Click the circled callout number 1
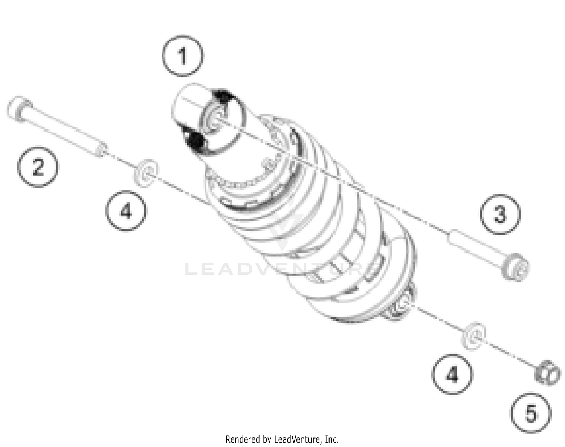coord(183,56)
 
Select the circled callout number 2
coord(38,167)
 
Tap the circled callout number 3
coord(500,214)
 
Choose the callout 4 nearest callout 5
coord(452,374)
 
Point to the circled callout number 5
coord(531,413)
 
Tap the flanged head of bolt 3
coord(516,267)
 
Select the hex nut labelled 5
coord(547,373)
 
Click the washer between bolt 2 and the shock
coord(146,172)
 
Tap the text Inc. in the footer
coord(331,439)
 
